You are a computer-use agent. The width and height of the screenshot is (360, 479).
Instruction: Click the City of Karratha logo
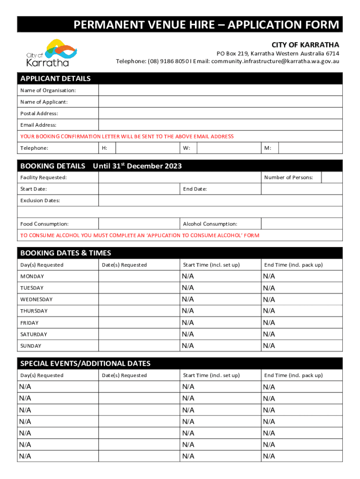pyautogui.click(x=48, y=53)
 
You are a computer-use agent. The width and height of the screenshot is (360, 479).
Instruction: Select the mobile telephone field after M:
pyautogui.click(x=310, y=148)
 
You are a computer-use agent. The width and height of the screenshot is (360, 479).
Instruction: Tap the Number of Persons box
pyautogui.click(x=332, y=177)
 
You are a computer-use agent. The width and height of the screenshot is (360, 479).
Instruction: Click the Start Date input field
pyautogui.click(x=138, y=189)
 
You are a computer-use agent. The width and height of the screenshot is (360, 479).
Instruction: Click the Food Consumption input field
pyautogui.click(x=138, y=224)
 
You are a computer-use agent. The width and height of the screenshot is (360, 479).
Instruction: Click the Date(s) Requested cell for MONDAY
pyautogui.click(x=138, y=276)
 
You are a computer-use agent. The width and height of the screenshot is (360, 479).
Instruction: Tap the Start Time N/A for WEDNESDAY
pyautogui.click(x=188, y=299)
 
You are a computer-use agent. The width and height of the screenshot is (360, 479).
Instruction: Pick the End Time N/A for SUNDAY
pyautogui.click(x=269, y=346)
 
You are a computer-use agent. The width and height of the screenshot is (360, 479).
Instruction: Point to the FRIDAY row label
pyautogui.click(x=29, y=323)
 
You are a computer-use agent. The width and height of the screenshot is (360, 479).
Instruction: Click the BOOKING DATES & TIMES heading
pyautogui.click(x=66, y=253)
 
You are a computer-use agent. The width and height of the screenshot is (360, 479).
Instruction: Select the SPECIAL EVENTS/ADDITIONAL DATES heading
pyautogui.click(x=86, y=363)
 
